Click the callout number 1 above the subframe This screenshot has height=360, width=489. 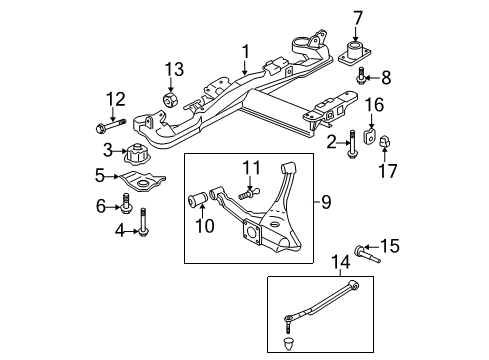243,48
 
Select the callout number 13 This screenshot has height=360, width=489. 175,68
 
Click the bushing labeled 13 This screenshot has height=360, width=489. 171,100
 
